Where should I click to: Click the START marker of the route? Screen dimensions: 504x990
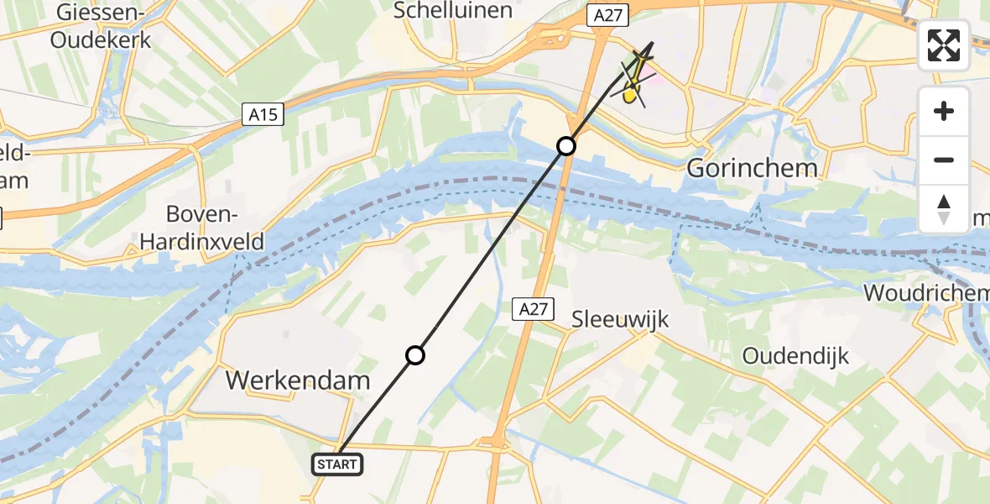click(337, 464)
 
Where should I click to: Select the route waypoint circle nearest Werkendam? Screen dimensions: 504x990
click(415, 355)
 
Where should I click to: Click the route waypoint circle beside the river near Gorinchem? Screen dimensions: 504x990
click(567, 146)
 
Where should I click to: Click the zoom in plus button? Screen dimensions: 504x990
click(944, 112)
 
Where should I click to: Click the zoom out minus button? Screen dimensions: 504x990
click(944, 160)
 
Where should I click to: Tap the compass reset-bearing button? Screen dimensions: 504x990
click(944, 209)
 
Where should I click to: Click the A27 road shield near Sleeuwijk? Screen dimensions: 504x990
click(533, 309)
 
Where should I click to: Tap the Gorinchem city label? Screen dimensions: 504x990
click(752, 168)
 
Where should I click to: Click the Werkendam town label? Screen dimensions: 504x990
click(298, 381)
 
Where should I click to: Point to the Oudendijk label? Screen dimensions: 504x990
click(795, 355)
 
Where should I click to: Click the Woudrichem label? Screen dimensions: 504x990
click(925, 293)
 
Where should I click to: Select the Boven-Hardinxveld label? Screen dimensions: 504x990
click(203, 228)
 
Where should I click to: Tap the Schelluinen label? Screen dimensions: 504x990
click(452, 10)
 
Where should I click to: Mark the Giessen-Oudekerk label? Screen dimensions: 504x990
click(101, 25)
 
